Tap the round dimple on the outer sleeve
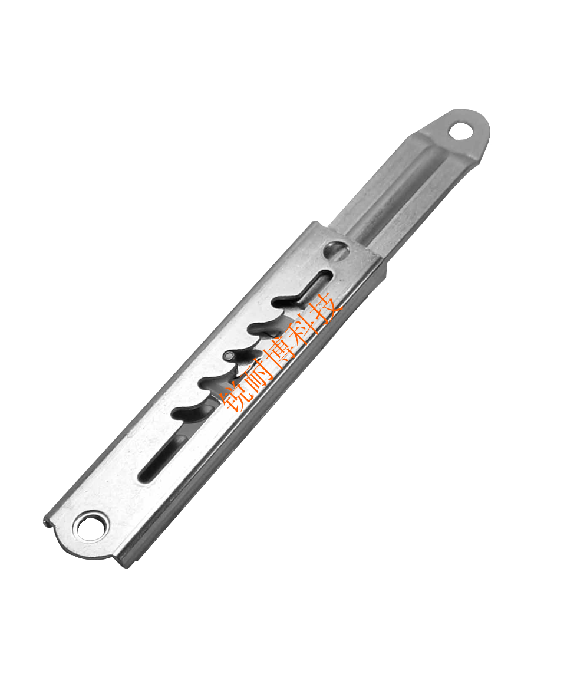click(337, 251)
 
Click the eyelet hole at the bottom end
click(93, 527)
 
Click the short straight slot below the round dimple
click(318, 284)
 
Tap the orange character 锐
click(235, 396)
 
